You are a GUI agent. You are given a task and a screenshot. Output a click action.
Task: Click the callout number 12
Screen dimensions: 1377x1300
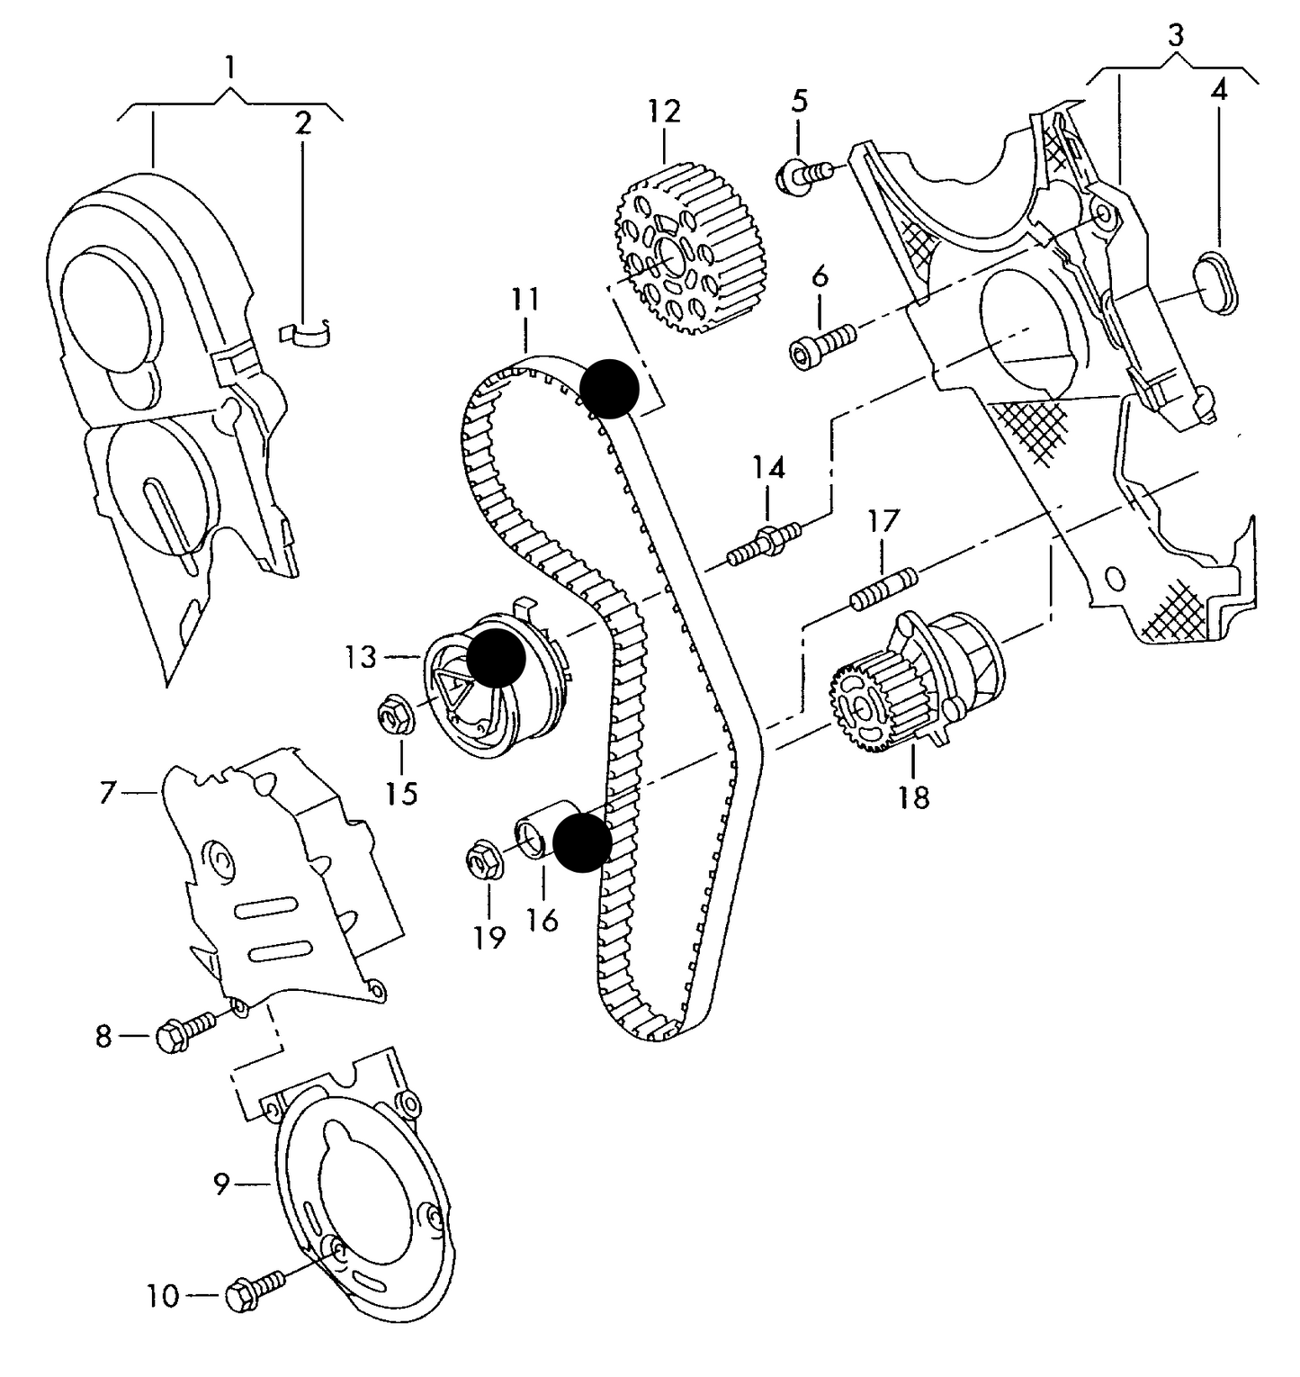point(664,112)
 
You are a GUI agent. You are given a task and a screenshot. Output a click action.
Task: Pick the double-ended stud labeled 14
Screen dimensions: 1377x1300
point(765,544)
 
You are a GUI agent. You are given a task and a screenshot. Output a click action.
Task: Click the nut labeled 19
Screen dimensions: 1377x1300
point(488,859)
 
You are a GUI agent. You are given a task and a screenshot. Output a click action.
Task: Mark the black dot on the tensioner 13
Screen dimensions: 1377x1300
point(496,659)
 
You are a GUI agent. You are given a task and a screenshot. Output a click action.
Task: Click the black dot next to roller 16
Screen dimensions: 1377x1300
point(582,842)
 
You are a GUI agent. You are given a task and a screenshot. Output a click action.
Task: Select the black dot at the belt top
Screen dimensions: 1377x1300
point(609,388)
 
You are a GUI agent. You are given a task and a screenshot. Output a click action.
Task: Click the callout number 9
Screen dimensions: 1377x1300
point(222,1184)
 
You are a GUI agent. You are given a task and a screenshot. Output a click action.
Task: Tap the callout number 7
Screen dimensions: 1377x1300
point(108,794)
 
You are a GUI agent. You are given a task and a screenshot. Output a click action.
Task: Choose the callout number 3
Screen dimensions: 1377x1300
point(1176,36)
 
